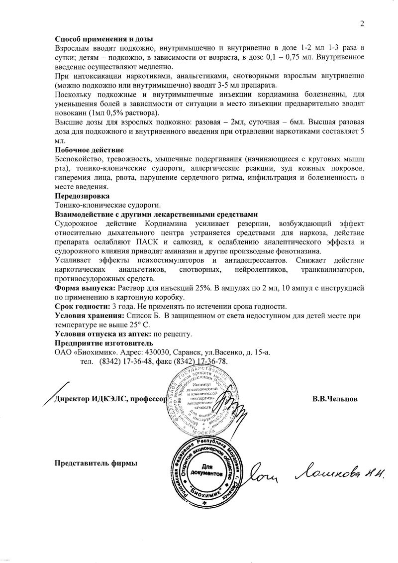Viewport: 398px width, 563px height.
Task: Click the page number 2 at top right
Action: coord(362,23)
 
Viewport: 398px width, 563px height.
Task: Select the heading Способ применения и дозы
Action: coord(103,39)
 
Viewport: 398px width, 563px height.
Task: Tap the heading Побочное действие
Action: coord(89,150)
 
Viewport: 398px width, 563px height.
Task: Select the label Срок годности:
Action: coord(82,307)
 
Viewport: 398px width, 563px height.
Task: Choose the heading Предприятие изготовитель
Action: coord(103,343)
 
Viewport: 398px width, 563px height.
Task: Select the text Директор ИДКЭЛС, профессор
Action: coord(109,399)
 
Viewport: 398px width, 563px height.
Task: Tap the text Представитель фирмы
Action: coord(96,463)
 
